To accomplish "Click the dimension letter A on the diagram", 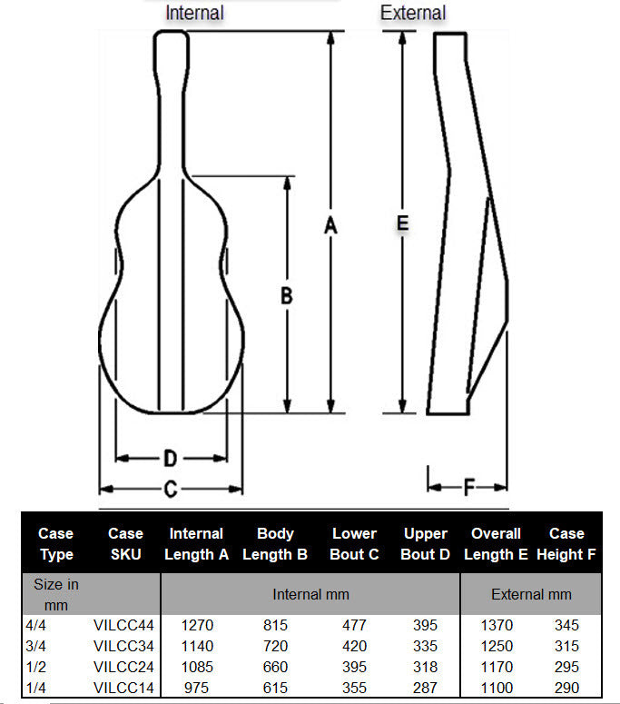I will (331, 227).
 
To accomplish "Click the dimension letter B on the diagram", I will (286, 295).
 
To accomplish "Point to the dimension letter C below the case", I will (170, 490).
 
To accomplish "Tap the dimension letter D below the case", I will (170, 457).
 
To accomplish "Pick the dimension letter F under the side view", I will (468, 488).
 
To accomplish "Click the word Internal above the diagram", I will (194, 13).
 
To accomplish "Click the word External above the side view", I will (413, 13).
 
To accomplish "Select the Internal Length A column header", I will (196, 544).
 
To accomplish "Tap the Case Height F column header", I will (566, 544).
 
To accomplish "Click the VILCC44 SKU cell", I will (125, 625).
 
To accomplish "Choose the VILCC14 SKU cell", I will (125, 689).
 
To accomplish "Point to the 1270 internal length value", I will (196, 625).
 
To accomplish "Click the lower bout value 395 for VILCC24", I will (354, 668).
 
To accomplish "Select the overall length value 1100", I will (496, 689).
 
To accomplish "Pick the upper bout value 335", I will (424, 646).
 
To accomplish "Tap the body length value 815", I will (275, 625).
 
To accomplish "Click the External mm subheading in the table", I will (531, 594).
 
